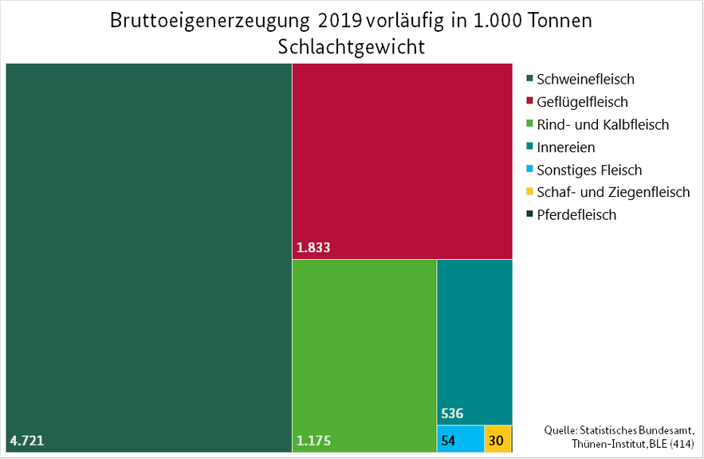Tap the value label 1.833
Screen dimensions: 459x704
(x=313, y=248)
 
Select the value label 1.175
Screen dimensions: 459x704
(x=313, y=440)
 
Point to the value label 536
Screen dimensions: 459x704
(x=451, y=414)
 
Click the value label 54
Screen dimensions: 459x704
(x=448, y=440)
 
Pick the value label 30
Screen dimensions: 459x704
(x=496, y=440)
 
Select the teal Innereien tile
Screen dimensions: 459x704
(x=474, y=335)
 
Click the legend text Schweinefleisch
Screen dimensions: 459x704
(x=585, y=79)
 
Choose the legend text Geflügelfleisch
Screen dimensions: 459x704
(x=582, y=102)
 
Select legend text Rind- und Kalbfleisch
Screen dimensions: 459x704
(x=603, y=124)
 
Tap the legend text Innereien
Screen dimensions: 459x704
(x=566, y=147)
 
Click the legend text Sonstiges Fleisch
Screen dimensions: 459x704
(x=589, y=170)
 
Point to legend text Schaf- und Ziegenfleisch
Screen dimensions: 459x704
(x=613, y=192)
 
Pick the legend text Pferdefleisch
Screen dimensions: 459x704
(x=576, y=215)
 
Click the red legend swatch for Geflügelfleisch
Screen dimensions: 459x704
(x=529, y=102)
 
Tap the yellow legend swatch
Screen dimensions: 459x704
(x=529, y=192)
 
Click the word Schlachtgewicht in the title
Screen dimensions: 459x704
(x=352, y=46)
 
